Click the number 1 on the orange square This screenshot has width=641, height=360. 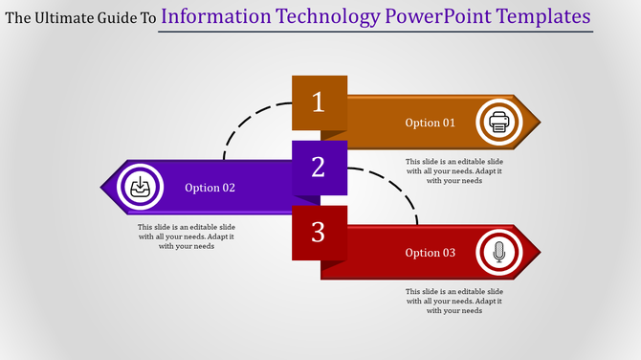click(320, 101)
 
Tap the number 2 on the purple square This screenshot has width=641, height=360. click(320, 168)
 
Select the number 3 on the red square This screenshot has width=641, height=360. click(320, 233)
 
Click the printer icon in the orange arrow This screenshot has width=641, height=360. click(498, 122)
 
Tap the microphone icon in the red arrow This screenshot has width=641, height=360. click(497, 253)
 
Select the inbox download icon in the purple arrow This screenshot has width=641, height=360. click(140, 187)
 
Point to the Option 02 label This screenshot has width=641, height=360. click(210, 188)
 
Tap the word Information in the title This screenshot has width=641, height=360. click(218, 16)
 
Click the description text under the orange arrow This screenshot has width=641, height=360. click(453, 170)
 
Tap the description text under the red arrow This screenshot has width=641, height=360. click(453, 301)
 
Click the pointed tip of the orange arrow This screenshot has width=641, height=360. click(538, 122)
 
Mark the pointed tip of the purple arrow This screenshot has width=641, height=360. click(102, 187)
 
